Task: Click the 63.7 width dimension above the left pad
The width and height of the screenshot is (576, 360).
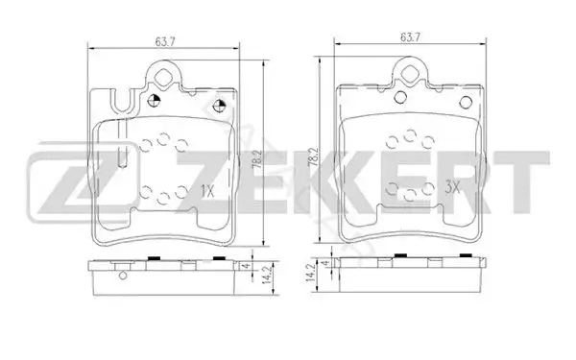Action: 165,42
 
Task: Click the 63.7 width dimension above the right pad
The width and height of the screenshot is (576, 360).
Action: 410,37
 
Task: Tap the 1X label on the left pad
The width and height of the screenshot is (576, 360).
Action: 207,191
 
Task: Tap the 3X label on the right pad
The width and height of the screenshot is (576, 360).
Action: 452,188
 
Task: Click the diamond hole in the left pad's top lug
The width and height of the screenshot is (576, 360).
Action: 163,77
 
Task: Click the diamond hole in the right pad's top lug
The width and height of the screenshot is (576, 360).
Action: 410,73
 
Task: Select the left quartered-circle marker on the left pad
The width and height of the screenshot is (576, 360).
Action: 154,100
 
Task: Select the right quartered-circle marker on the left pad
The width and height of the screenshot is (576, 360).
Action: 219,107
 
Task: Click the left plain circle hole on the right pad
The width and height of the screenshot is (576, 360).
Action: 400,97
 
